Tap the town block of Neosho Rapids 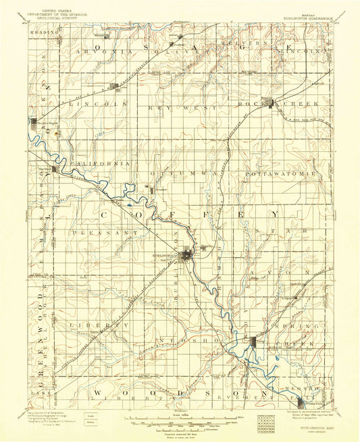34,122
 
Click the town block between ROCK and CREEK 272,105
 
